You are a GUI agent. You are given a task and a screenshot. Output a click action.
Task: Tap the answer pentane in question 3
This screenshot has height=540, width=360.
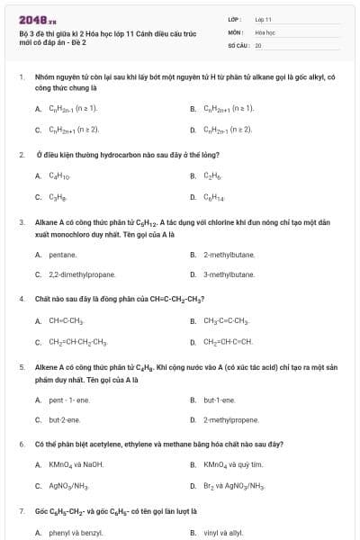(63, 255)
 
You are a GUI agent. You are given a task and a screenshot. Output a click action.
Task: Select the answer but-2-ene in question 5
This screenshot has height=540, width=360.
(64, 419)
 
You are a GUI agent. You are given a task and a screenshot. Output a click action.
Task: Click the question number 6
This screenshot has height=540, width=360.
(21, 445)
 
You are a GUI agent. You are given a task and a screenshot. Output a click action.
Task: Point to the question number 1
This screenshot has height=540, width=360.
(21, 77)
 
